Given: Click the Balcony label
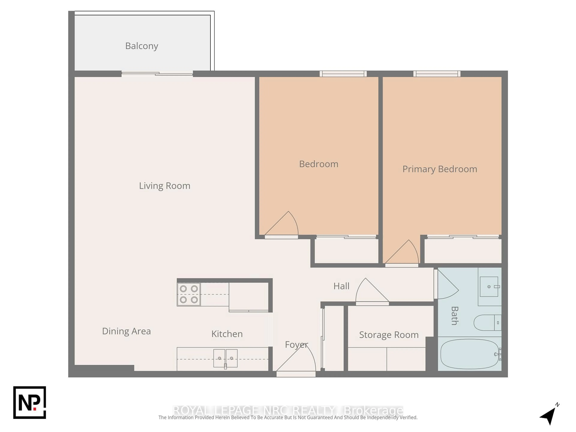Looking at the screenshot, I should pos(142,46).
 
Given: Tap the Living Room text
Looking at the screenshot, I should pos(165,186).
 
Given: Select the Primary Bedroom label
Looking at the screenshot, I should pos(439,169).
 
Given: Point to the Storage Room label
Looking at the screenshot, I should pos(389,335).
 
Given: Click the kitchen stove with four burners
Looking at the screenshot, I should pos(189,294).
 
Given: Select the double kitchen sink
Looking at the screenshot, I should pos(225,358).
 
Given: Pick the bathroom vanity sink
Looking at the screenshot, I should pos(489,286).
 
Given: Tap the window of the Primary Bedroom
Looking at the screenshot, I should pos(437,74).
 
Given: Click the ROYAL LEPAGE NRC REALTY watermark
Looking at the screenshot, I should pos(288,410).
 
